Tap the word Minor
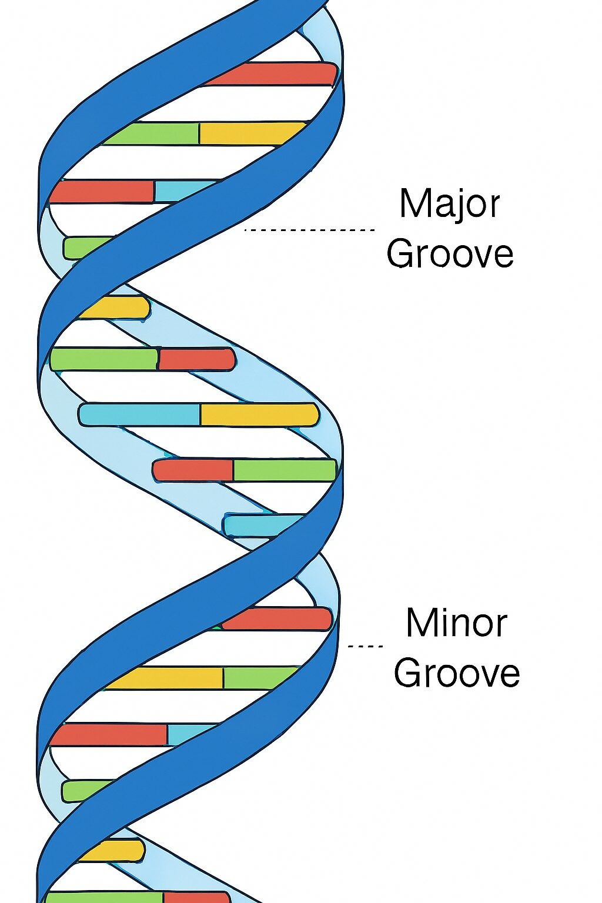[456, 623]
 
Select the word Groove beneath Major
[450, 254]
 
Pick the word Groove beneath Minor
[457, 673]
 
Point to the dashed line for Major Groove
[309, 230]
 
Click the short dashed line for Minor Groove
[365, 646]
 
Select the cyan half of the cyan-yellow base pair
[140, 414]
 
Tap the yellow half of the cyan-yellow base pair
[259, 414]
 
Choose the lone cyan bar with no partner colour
[262, 524]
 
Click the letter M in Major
[413, 203]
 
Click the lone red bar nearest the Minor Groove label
[276, 618]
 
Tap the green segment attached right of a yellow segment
[259, 678]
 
